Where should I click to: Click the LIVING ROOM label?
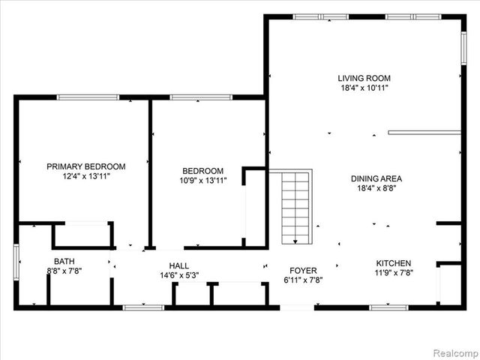tap(364, 78)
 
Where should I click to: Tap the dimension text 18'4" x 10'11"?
tap(364, 88)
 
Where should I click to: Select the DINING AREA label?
tap(376, 178)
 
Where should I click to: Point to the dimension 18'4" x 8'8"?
tap(376, 189)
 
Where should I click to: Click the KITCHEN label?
tap(393, 263)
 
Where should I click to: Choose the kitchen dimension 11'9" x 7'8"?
tap(393, 274)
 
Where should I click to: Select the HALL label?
tap(179, 265)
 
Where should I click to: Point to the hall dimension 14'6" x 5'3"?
tap(179, 276)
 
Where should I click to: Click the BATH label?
tap(64, 261)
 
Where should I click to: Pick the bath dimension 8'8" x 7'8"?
tap(64, 271)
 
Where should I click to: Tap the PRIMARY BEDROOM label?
tap(86, 166)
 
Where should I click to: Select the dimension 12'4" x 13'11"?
tap(86, 177)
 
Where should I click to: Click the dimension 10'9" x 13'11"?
tap(202, 181)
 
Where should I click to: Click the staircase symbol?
tap(295, 207)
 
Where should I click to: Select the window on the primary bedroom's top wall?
tap(88, 97)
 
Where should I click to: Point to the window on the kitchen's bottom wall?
tap(388, 307)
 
